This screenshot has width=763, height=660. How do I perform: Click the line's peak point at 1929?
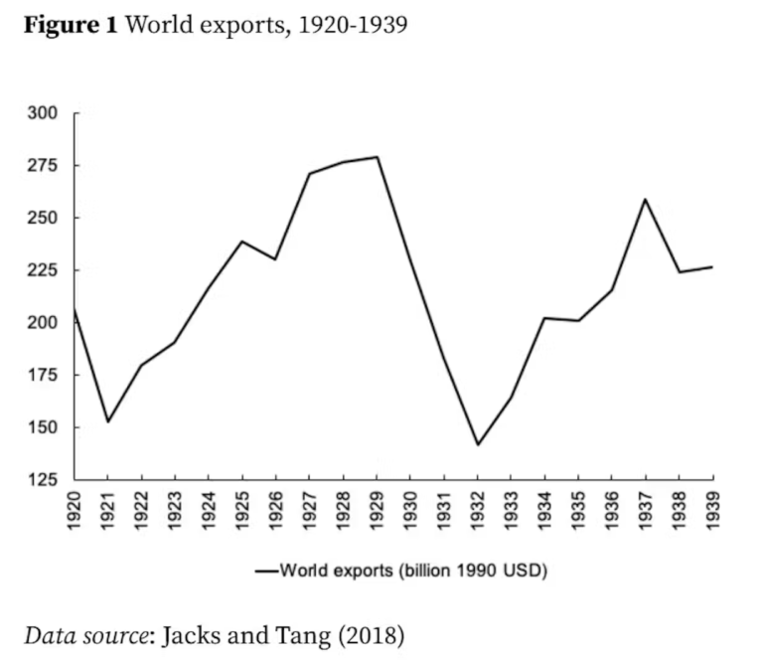click(378, 157)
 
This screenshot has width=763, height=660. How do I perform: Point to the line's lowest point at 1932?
click(478, 444)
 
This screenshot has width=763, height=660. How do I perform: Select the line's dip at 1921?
click(107, 421)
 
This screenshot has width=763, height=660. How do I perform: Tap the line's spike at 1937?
click(646, 199)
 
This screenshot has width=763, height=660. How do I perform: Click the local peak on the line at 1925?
click(242, 242)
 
